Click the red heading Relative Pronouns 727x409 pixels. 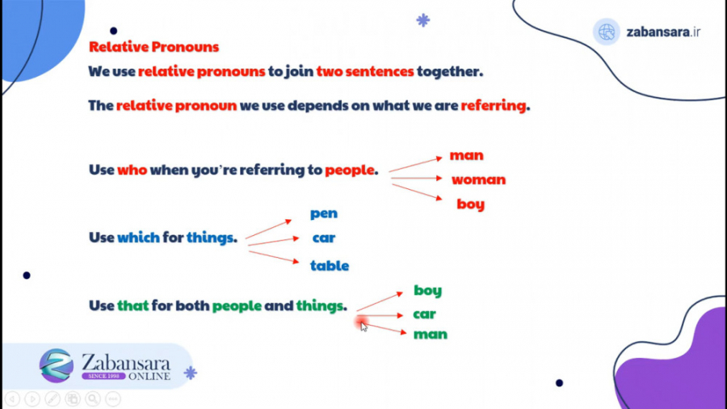point(153,48)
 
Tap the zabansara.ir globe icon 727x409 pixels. point(606,32)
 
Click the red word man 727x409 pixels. point(467,155)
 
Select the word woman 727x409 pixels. point(478,179)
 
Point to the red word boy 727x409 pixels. point(470,204)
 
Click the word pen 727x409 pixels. point(324,213)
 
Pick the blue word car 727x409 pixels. point(324,238)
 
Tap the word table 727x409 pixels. point(330,265)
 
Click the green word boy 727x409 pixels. point(427,290)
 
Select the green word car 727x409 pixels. point(424,314)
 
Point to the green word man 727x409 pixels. point(431,334)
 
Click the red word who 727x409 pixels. point(132,171)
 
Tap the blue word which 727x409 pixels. point(139,238)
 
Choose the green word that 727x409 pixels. point(133,306)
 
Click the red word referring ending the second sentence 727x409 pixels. point(493,105)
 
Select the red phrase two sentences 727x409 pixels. point(365,71)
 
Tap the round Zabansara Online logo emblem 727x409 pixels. point(57,365)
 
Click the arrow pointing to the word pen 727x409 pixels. point(268,229)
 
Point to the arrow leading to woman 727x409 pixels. point(417,178)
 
